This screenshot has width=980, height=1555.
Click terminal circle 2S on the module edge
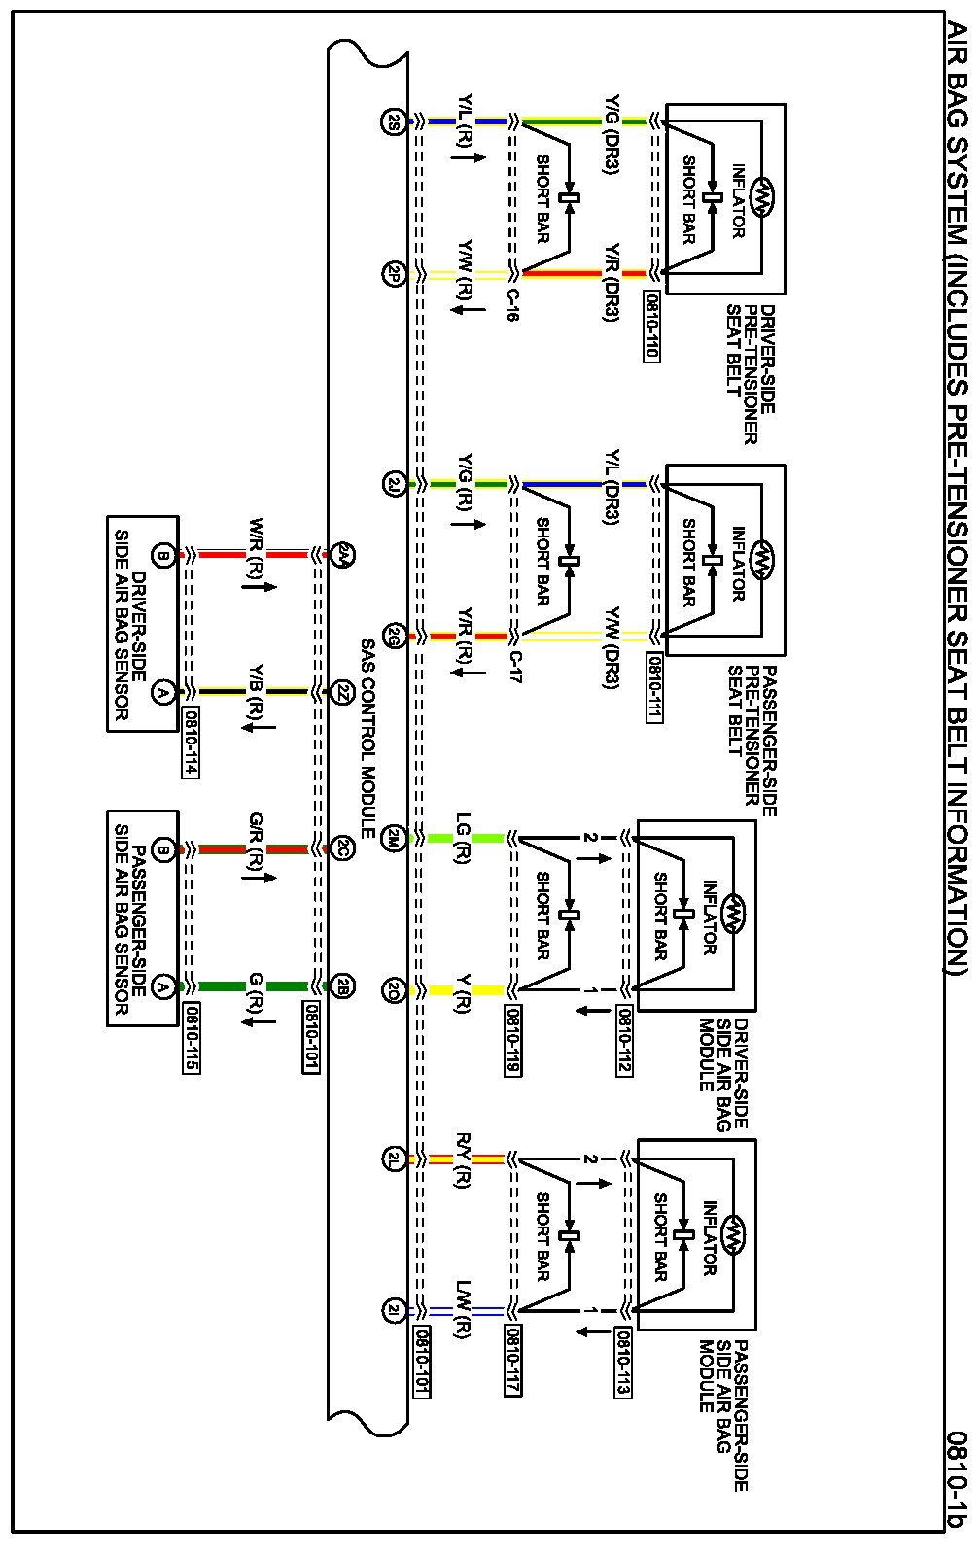(393, 121)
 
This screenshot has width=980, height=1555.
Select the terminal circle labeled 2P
(393, 273)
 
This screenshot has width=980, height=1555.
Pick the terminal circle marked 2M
(393, 837)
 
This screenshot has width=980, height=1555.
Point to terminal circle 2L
(393, 1158)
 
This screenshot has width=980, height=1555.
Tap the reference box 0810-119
(512, 1041)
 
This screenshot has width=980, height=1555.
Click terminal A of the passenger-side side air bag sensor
(163, 985)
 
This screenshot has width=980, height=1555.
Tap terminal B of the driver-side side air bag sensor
(163, 556)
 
